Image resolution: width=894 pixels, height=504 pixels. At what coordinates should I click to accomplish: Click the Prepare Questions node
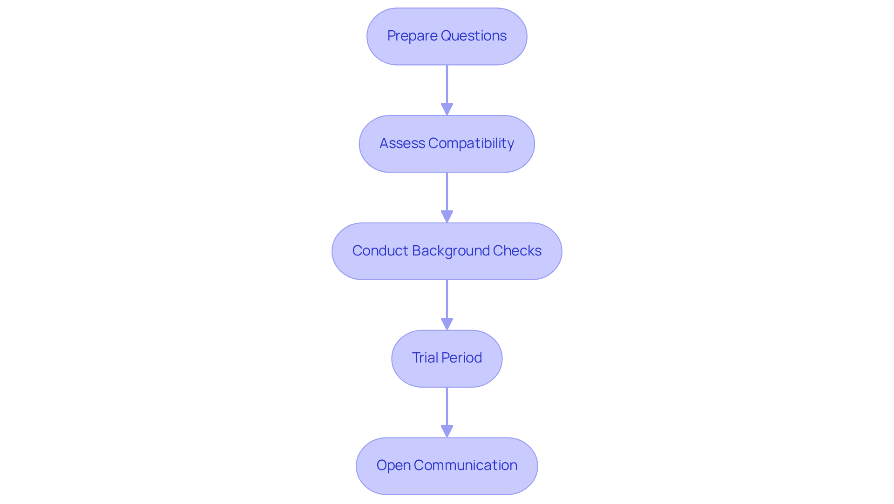tap(447, 36)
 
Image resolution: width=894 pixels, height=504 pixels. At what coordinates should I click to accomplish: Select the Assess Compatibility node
tap(447, 144)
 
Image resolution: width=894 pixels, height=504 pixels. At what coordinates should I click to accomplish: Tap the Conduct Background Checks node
tap(447, 251)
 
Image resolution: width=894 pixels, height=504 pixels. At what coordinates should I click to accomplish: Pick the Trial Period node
tap(447, 359)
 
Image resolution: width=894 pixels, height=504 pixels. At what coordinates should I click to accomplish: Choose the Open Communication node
tap(447, 466)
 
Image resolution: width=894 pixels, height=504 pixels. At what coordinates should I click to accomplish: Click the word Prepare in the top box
tap(412, 36)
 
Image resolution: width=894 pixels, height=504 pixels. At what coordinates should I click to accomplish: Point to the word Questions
tap(474, 36)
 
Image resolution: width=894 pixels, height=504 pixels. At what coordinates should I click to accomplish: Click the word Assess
tap(402, 143)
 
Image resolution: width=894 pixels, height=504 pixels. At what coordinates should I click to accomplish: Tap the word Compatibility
tap(471, 143)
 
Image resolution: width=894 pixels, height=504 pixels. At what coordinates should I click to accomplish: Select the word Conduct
tap(380, 251)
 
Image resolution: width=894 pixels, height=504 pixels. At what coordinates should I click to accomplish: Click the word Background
tap(451, 251)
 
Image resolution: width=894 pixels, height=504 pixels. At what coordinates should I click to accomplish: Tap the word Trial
tap(425, 358)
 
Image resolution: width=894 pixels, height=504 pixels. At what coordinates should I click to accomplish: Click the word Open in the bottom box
tap(393, 465)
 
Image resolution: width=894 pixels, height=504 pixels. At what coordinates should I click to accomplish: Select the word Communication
tap(465, 465)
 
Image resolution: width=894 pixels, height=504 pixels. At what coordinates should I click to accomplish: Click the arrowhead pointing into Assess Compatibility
tap(447, 109)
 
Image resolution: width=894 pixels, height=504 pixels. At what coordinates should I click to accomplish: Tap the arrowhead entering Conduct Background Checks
tap(447, 217)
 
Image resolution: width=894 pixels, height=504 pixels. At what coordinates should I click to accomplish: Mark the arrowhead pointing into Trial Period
tap(447, 324)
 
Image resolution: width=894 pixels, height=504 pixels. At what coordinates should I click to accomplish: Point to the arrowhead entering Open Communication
tap(447, 431)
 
